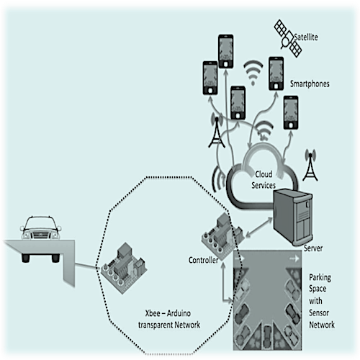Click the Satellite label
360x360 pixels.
[x=306, y=37]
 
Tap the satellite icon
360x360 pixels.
[x=288, y=38]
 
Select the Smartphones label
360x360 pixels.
[x=310, y=84]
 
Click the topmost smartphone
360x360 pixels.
[x=225, y=51]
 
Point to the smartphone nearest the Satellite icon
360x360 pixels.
[x=276, y=73]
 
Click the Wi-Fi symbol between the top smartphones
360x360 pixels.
[x=253, y=73]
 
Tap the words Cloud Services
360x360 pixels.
[x=264, y=180]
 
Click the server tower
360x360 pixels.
[x=293, y=217]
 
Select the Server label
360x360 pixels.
[x=313, y=248]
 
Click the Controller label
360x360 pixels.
[x=203, y=260]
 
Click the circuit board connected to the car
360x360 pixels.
[x=124, y=268]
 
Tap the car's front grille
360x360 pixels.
[x=40, y=235]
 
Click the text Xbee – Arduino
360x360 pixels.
[x=168, y=313]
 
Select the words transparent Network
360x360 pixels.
[x=169, y=325]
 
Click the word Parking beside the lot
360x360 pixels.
[x=320, y=278]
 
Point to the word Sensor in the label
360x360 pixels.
[x=319, y=312]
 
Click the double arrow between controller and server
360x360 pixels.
[x=259, y=228]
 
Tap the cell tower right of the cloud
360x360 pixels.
[x=310, y=165]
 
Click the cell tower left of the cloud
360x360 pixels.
[x=217, y=131]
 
